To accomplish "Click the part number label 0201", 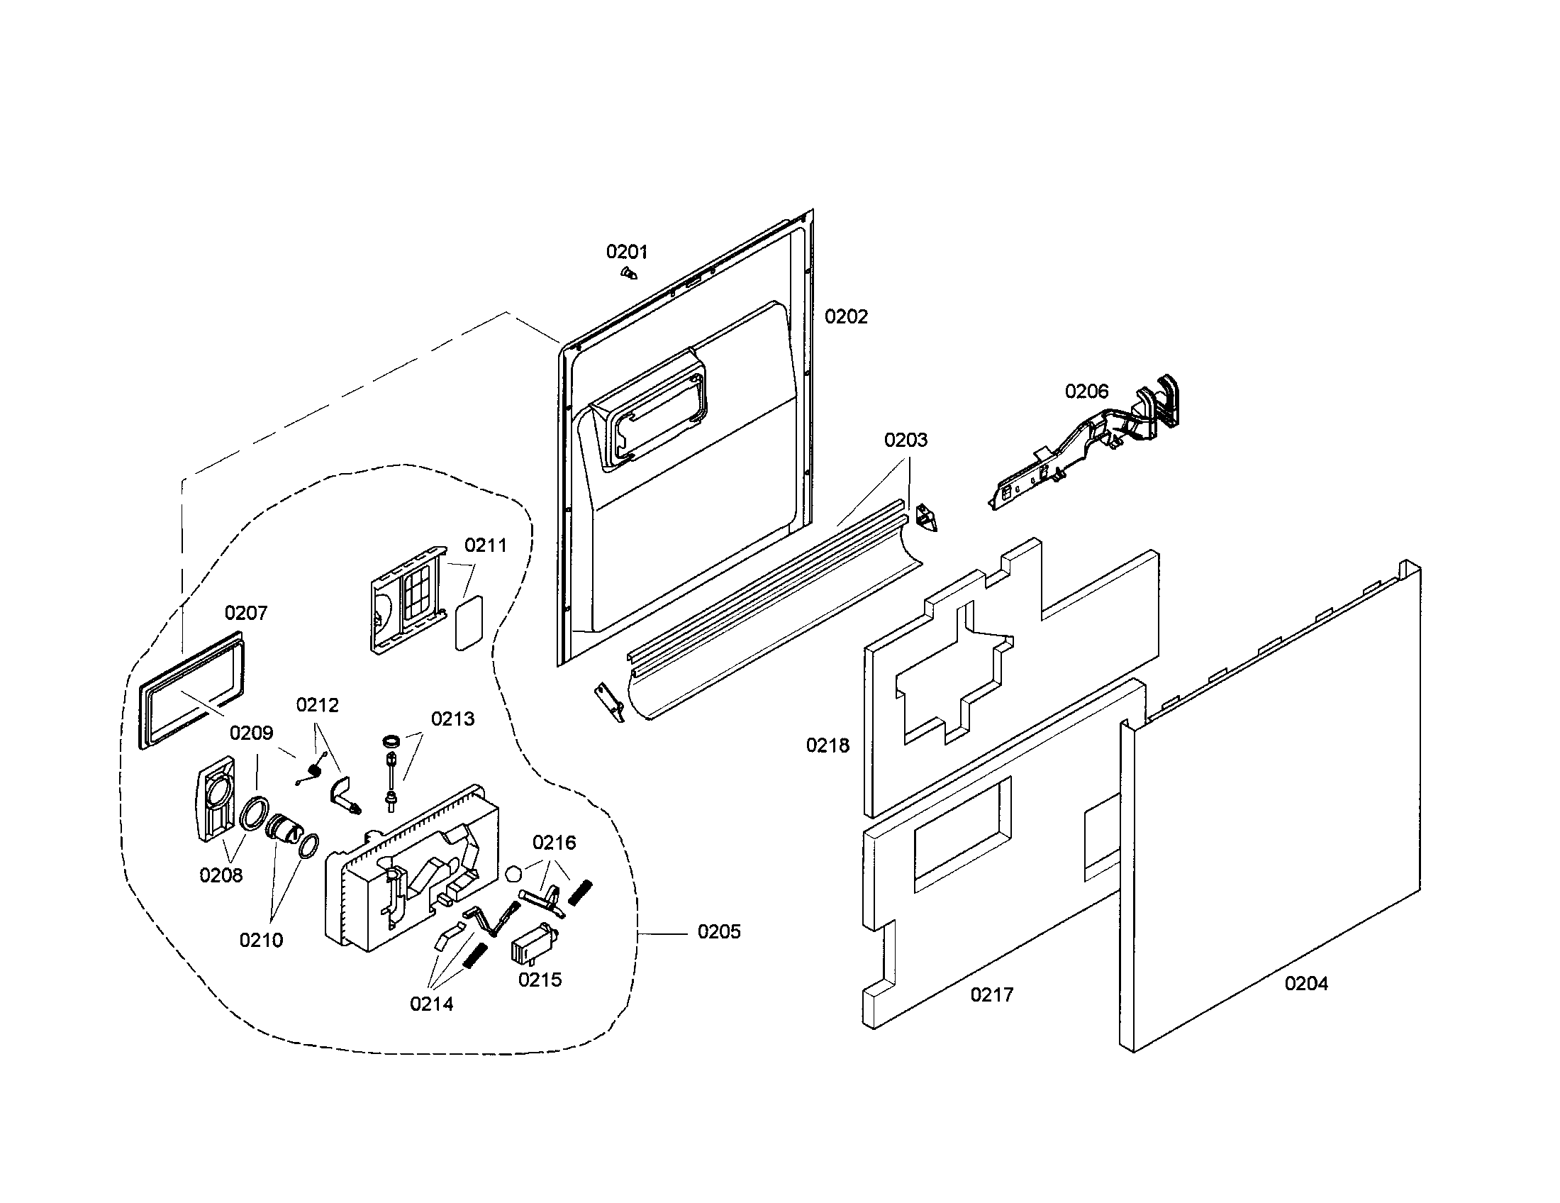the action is (626, 252).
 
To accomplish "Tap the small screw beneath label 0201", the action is (628, 273).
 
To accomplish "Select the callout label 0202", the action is (846, 316).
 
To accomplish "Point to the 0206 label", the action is (1086, 391).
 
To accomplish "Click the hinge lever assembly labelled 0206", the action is (1083, 442).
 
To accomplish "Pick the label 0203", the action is (906, 439).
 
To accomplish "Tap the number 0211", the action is (486, 545).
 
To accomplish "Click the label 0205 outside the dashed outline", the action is (718, 931).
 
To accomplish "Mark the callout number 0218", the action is (828, 745).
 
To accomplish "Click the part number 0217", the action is (991, 994).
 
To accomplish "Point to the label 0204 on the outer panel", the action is (1306, 984).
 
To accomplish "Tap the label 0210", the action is (261, 940).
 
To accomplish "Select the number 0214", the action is (431, 1004).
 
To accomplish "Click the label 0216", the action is (555, 843).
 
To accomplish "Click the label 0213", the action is (453, 719).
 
